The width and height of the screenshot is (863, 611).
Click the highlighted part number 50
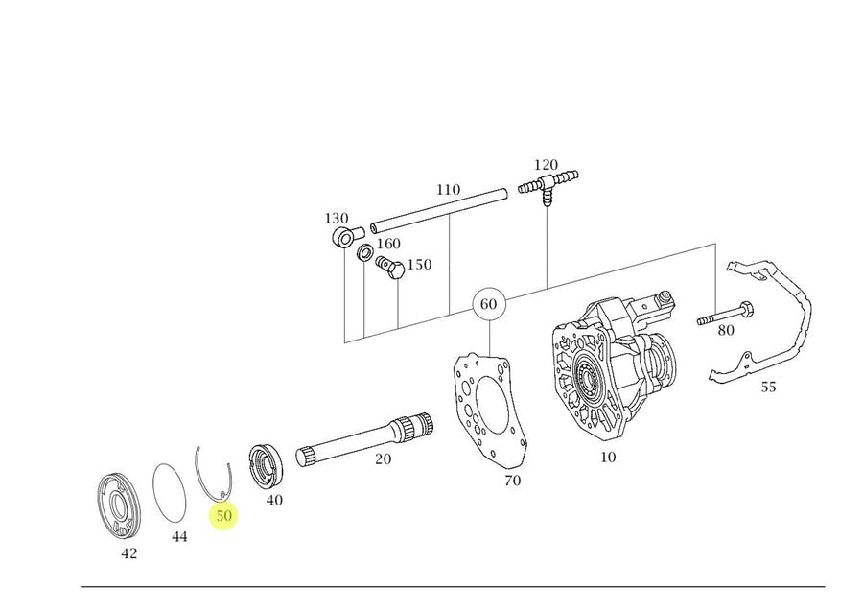pyautogui.click(x=224, y=516)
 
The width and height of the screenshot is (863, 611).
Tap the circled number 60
pyautogui.click(x=488, y=305)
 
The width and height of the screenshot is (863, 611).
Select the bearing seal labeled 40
pyautogui.click(x=265, y=467)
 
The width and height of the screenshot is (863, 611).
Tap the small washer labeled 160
pyautogui.click(x=365, y=253)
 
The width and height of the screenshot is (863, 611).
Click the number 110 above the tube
pyautogui.click(x=448, y=191)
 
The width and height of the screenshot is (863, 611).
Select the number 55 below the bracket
pyautogui.click(x=768, y=388)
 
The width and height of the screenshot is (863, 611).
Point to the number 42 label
pyautogui.click(x=128, y=553)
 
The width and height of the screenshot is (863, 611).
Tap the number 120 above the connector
pyautogui.click(x=547, y=164)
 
